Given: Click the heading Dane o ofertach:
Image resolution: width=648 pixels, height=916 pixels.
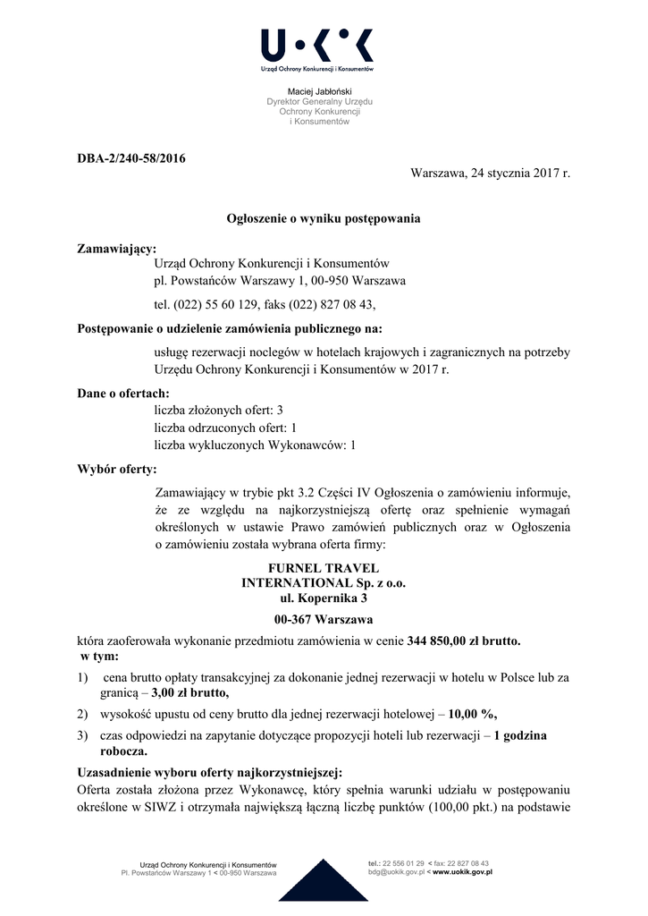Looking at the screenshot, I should click(123, 393).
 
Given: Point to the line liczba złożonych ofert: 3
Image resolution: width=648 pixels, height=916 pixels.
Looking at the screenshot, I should click(219, 409).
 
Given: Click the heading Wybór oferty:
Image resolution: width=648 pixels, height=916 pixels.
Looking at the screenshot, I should click(117, 469).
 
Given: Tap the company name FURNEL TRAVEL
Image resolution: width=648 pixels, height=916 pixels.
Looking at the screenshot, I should click(324, 568).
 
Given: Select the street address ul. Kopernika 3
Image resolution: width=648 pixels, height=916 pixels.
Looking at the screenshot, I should click(324, 598).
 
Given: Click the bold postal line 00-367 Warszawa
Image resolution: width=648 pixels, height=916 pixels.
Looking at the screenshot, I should click(324, 619).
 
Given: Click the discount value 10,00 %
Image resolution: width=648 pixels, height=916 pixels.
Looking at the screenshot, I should click(473, 714).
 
